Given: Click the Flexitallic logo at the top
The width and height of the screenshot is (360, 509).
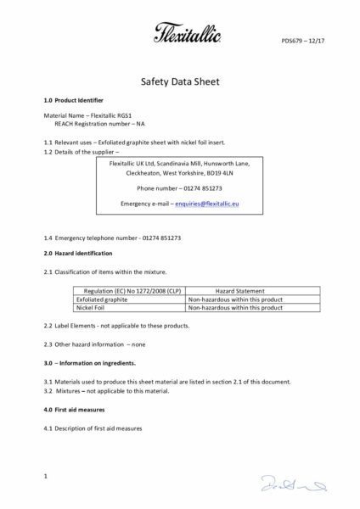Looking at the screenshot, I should [x=180, y=34].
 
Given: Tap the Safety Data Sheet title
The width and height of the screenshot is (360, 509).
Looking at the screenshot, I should [x=179, y=85].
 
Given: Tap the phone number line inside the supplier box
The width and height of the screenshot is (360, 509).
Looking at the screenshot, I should [x=180, y=187].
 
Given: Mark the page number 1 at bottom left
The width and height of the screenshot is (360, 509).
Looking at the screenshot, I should [x=44, y=479].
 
